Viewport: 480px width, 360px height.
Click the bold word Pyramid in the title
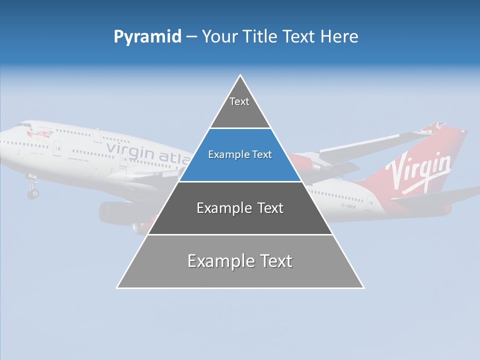147,37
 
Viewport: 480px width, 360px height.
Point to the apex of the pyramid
240,76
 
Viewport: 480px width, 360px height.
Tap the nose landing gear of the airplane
33,190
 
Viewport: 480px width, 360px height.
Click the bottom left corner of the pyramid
117,287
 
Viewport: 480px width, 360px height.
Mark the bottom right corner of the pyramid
363,287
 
